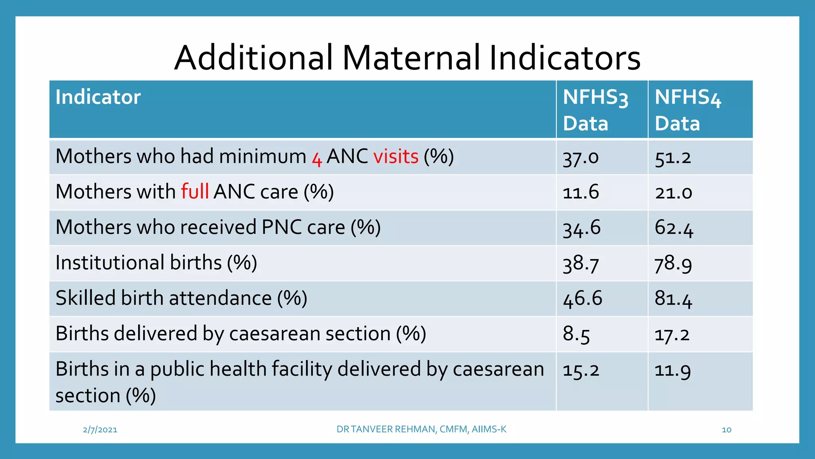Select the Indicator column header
(98, 97)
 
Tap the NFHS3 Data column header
(595, 110)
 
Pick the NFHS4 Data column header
(687, 110)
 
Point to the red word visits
(396, 156)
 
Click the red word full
(195, 192)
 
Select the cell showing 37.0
(580, 157)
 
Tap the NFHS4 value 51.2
(673, 157)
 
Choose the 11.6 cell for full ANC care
(580, 192)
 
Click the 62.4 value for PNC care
(673, 228)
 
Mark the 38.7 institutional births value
(580, 263)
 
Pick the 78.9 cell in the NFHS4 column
(673, 263)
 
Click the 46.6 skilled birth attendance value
(582, 298)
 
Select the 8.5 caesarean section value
(576, 334)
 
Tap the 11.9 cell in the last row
(672, 370)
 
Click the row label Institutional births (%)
(156, 263)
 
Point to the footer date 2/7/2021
(100, 430)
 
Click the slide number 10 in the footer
(726, 430)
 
